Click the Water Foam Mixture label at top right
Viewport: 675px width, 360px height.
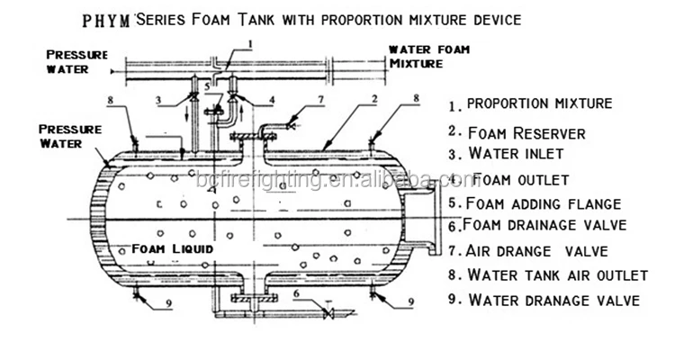[428, 57]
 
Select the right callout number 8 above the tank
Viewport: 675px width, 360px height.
[417, 97]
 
